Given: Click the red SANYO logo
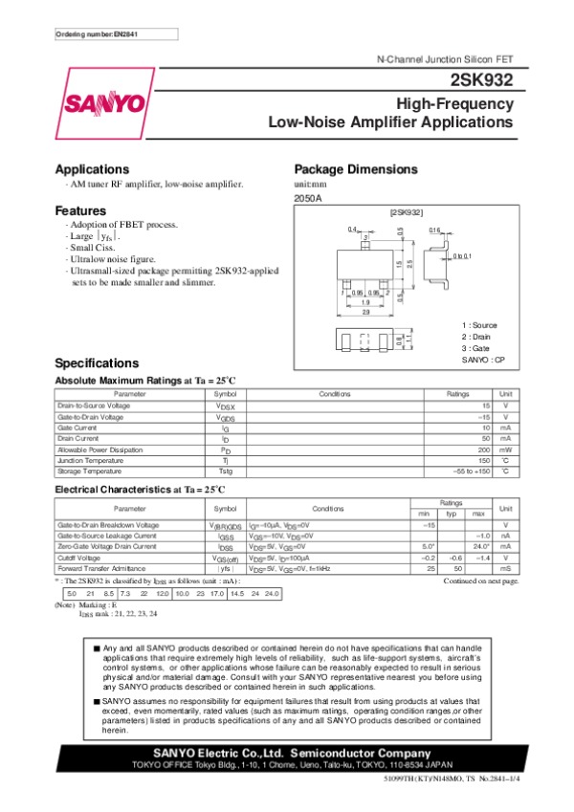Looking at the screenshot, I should click(105, 103).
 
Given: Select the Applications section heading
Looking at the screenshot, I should click(92, 168).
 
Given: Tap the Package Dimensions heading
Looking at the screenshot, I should click(353, 168).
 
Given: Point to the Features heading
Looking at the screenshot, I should click(80, 210).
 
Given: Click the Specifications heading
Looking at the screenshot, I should click(98, 363).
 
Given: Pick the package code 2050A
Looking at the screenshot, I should click(308, 198).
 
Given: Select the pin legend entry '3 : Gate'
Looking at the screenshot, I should click(478, 348).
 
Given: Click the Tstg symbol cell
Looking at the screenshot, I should click(226, 471).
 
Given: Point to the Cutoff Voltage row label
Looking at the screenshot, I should click(79, 557).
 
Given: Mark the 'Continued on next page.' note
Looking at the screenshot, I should click(482, 581).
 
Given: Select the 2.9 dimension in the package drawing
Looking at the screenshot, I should click(365, 312).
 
